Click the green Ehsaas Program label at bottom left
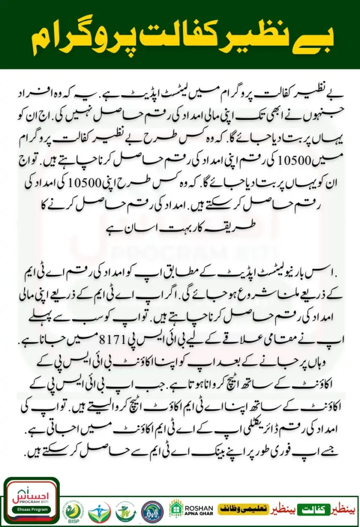(31, 518)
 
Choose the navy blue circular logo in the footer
(152, 510)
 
